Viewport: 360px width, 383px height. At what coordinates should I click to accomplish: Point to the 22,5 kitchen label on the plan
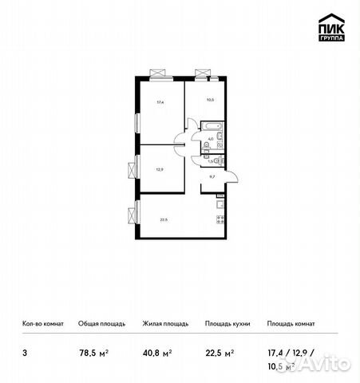(x=162, y=221)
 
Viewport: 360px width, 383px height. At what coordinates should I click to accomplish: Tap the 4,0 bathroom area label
(x=211, y=140)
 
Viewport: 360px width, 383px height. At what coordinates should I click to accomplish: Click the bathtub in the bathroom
(x=212, y=127)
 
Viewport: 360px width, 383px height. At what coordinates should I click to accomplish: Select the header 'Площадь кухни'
(x=227, y=324)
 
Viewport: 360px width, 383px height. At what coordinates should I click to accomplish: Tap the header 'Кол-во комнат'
(x=41, y=324)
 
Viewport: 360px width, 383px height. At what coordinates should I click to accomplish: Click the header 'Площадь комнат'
(x=291, y=324)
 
